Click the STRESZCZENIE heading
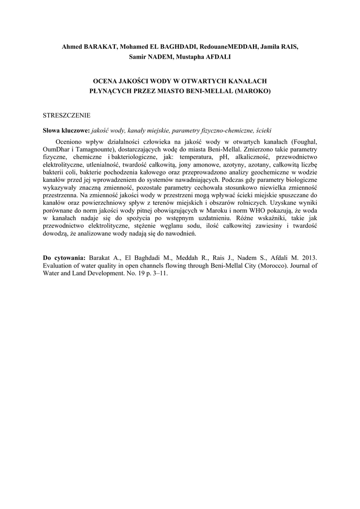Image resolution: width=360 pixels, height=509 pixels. (x=67, y=115)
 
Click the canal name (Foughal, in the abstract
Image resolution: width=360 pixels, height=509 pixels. (x=304, y=142)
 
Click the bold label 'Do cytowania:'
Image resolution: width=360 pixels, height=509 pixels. (x=65, y=258)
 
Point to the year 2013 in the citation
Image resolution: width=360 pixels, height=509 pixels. (x=307, y=258)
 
